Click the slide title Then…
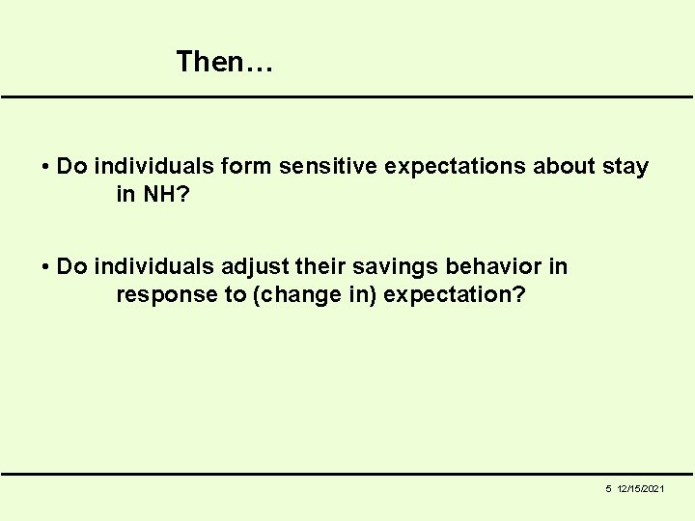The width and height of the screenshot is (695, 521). pos(226,63)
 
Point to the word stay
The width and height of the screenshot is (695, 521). pos(625,167)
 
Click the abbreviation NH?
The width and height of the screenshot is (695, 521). pos(163,194)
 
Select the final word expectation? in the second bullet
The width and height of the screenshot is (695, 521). pos(455,295)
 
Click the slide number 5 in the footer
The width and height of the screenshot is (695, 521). pos(608,490)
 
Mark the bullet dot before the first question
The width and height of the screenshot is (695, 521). pos(46,167)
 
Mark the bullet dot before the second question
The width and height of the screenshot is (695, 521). pos(46,266)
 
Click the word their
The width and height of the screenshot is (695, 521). pos(320,266)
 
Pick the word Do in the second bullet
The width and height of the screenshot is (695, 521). pos(71,266)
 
